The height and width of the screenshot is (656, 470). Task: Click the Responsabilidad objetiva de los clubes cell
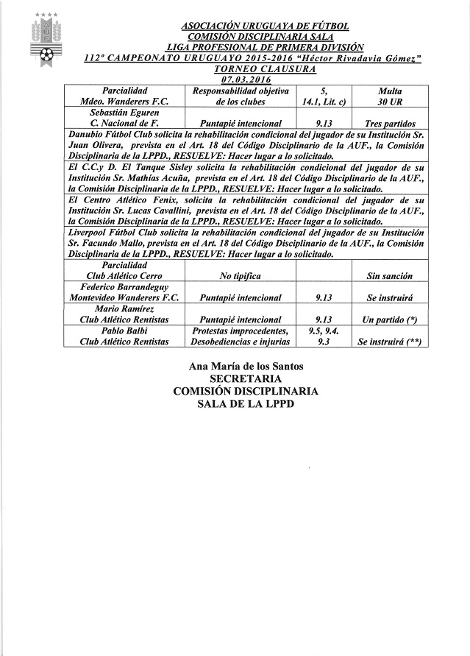[237, 95]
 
